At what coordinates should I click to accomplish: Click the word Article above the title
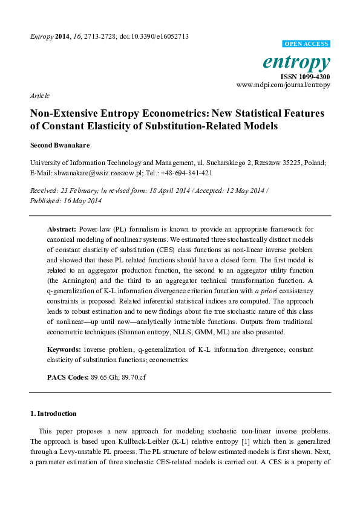click(39, 96)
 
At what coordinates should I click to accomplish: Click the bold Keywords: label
click(64, 350)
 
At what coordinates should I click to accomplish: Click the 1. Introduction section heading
click(53, 413)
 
